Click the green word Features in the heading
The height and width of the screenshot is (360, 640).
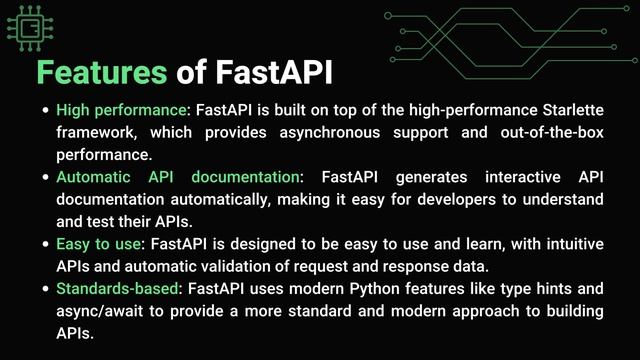point(101,72)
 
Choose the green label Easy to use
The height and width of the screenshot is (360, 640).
point(98,244)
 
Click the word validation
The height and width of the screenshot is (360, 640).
point(235,266)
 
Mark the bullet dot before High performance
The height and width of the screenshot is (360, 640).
point(44,109)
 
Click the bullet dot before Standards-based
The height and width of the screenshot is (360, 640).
point(44,289)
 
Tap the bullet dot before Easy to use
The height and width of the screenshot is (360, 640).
point(44,244)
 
